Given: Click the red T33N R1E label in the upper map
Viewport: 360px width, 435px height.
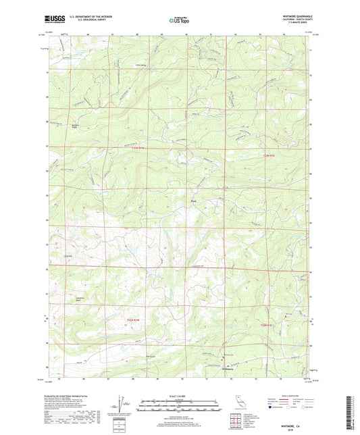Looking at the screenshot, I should click(x=269, y=157).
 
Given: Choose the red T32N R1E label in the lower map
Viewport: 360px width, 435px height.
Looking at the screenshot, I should click(x=269, y=325).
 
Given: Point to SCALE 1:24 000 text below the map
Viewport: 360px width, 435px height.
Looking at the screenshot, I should click(x=180, y=396).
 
